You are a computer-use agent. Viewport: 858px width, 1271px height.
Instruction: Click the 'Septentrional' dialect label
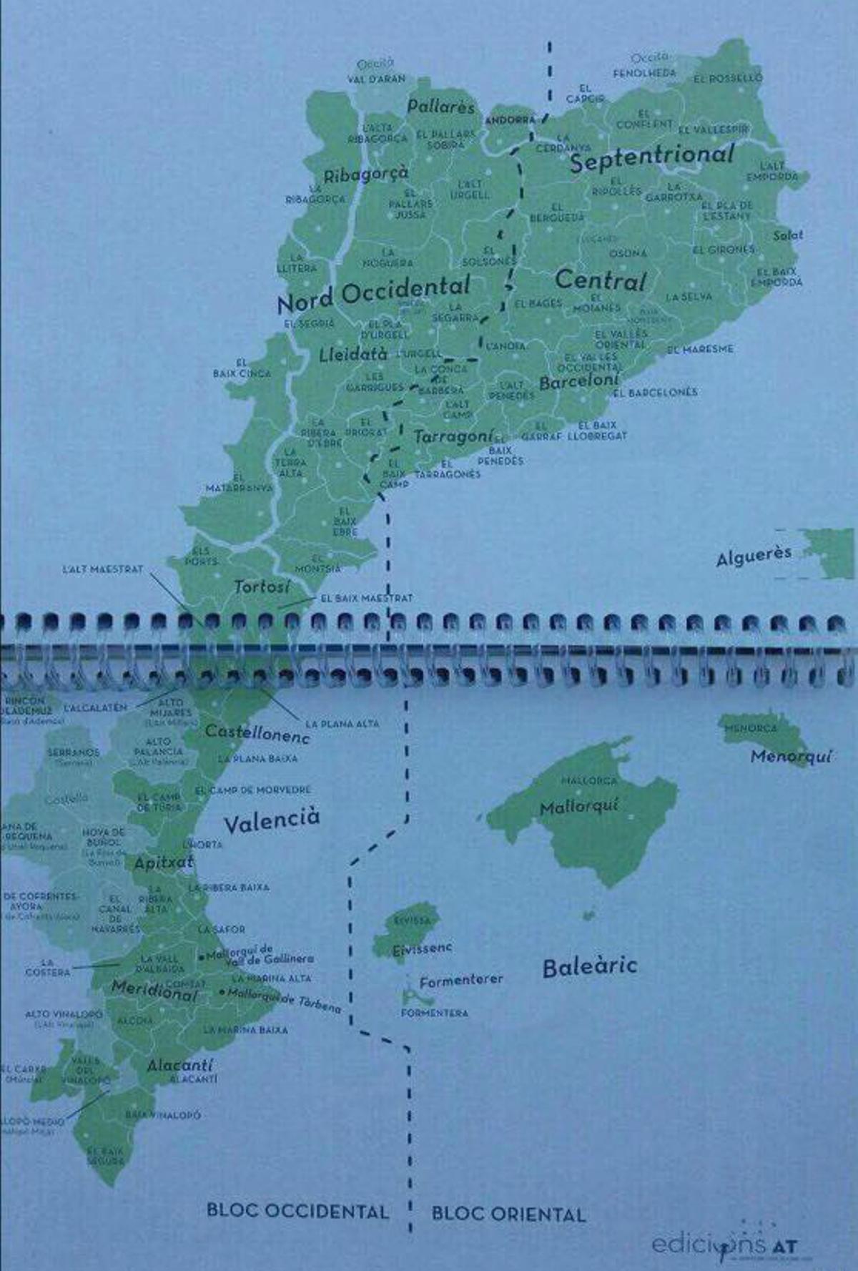point(651,158)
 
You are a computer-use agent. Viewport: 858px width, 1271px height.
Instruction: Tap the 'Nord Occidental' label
point(373,293)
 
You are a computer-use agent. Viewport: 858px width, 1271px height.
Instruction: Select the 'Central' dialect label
point(600,280)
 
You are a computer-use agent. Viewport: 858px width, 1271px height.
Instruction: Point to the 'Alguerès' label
point(754,556)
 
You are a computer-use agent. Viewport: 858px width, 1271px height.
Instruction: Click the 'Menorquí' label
point(791,756)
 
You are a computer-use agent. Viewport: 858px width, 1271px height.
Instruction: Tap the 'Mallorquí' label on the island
point(579,808)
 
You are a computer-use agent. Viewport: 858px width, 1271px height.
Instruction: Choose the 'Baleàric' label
point(589,967)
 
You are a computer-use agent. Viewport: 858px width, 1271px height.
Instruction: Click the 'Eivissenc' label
point(422,949)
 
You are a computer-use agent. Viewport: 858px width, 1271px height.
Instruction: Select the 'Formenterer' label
point(461,981)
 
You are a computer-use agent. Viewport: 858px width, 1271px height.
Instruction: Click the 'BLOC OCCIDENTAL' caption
point(297,1211)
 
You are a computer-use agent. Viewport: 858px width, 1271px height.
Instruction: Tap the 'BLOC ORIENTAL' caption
point(508,1214)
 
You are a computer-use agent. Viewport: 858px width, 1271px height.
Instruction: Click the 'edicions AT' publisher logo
point(723,1245)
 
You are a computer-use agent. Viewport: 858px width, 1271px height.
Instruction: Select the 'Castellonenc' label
point(257,733)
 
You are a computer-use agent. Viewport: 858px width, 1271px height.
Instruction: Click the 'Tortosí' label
point(262,587)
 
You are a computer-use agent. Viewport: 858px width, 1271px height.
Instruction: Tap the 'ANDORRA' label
point(510,120)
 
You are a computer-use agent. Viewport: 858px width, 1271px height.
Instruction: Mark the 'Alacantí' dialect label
point(180,1066)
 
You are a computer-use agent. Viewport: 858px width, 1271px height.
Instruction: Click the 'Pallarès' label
point(440,107)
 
